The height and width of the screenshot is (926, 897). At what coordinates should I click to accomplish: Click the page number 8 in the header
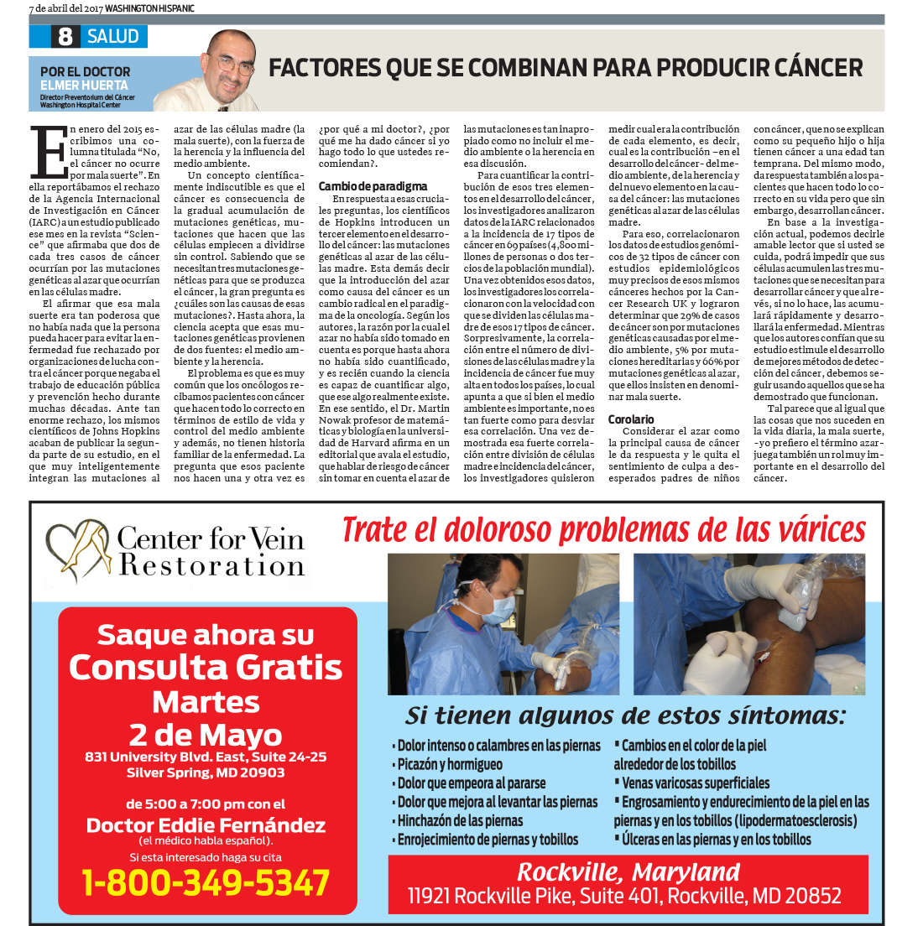coord(64,37)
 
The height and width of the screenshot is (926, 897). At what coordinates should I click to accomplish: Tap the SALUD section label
coord(112,37)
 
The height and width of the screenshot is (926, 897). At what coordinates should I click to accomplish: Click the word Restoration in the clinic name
coord(211,566)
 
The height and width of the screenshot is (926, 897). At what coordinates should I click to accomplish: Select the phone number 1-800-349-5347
coord(206,883)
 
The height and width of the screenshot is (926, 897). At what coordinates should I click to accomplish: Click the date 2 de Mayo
coord(206,735)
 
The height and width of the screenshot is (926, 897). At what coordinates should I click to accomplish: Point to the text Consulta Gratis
coord(206,668)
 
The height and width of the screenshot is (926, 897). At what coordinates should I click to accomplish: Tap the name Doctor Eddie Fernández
coord(206,825)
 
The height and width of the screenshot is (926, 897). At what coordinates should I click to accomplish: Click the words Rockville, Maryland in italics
coord(628,871)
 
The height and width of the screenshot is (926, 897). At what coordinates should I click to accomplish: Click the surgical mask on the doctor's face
coord(497,608)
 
